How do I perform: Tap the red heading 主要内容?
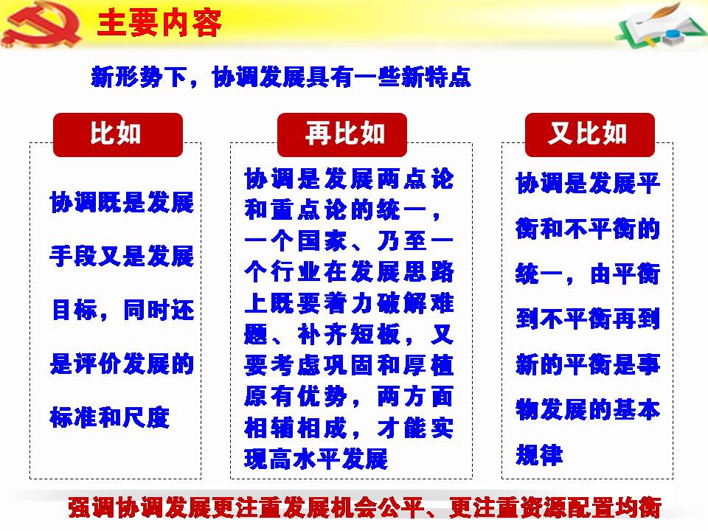[159, 24]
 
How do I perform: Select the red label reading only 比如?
[118, 134]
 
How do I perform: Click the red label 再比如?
[342, 134]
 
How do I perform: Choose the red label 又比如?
[590, 134]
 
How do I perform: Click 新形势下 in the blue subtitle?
[139, 77]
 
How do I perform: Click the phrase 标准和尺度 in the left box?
[110, 417]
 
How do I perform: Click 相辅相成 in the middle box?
[296, 428]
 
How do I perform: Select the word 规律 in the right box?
[539, 455]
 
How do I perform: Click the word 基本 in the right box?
[636, 409]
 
